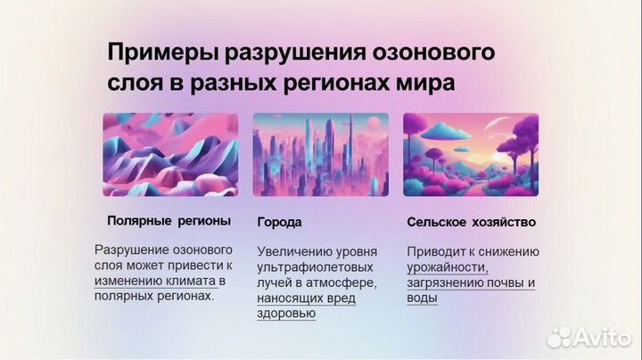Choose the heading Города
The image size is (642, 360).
[279, 222]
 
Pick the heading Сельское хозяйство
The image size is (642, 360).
[471, 222]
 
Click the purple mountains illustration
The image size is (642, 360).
[170, 154]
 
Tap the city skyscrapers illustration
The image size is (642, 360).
[321, 154]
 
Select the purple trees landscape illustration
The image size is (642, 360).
[471, 154]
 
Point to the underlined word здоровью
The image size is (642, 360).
[285, 314]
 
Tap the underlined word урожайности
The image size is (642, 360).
[448, 267]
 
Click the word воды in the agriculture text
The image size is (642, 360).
[422, 298]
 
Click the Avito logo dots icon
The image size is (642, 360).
[560, 337]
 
